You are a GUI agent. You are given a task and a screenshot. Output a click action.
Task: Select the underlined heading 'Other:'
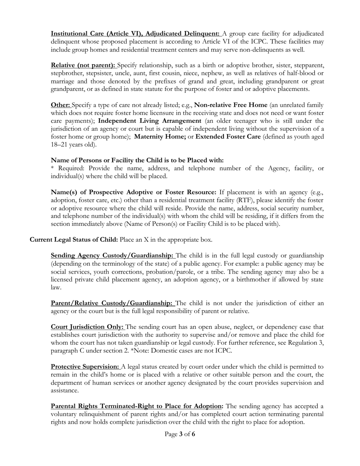click(61, 105)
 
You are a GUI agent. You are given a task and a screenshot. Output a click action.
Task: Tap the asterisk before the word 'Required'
click(53, 168)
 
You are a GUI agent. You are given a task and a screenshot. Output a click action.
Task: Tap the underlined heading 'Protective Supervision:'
click(85, 367)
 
